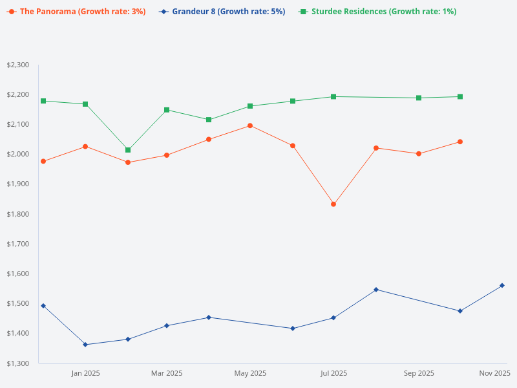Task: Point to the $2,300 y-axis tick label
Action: coord(18,65)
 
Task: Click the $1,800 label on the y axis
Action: coord(18,214)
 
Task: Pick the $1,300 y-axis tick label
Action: coord(18,363)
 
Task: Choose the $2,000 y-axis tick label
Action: coord(18,154)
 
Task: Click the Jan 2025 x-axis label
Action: coord(85,373)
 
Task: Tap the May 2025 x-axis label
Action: coord(250,373)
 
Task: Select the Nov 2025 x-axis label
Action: coord(495,373)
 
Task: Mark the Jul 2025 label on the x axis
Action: coord(333,373)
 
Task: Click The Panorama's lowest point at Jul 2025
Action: coord(333,204)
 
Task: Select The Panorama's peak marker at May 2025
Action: coord(250,125)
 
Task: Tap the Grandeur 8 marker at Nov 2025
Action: coord(502,285)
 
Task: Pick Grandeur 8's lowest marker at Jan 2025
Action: coord(85,345)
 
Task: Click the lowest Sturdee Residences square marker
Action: coord(128,150)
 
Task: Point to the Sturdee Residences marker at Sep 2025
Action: coord(419,98)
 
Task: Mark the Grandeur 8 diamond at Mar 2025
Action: coord(167,325)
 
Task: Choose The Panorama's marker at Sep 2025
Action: coord(419,154)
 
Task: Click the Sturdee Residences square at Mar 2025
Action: coord(167,110)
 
